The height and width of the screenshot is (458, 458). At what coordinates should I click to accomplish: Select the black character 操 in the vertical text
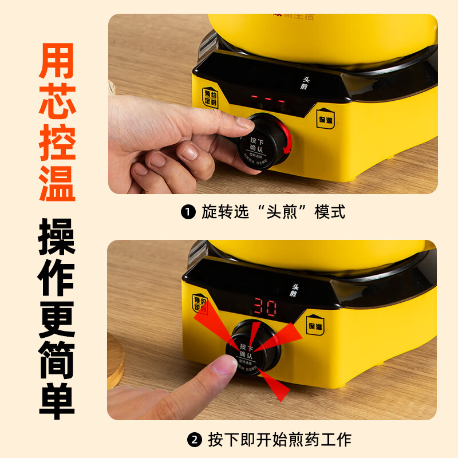57,236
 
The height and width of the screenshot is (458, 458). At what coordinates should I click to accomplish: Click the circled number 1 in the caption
188,212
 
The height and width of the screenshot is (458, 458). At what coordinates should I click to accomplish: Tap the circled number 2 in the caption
195,440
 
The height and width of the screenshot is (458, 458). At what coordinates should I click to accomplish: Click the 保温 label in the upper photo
326,119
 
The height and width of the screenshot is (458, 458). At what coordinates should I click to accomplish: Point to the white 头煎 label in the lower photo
294,290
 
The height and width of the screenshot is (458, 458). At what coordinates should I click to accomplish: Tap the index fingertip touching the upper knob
244,123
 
